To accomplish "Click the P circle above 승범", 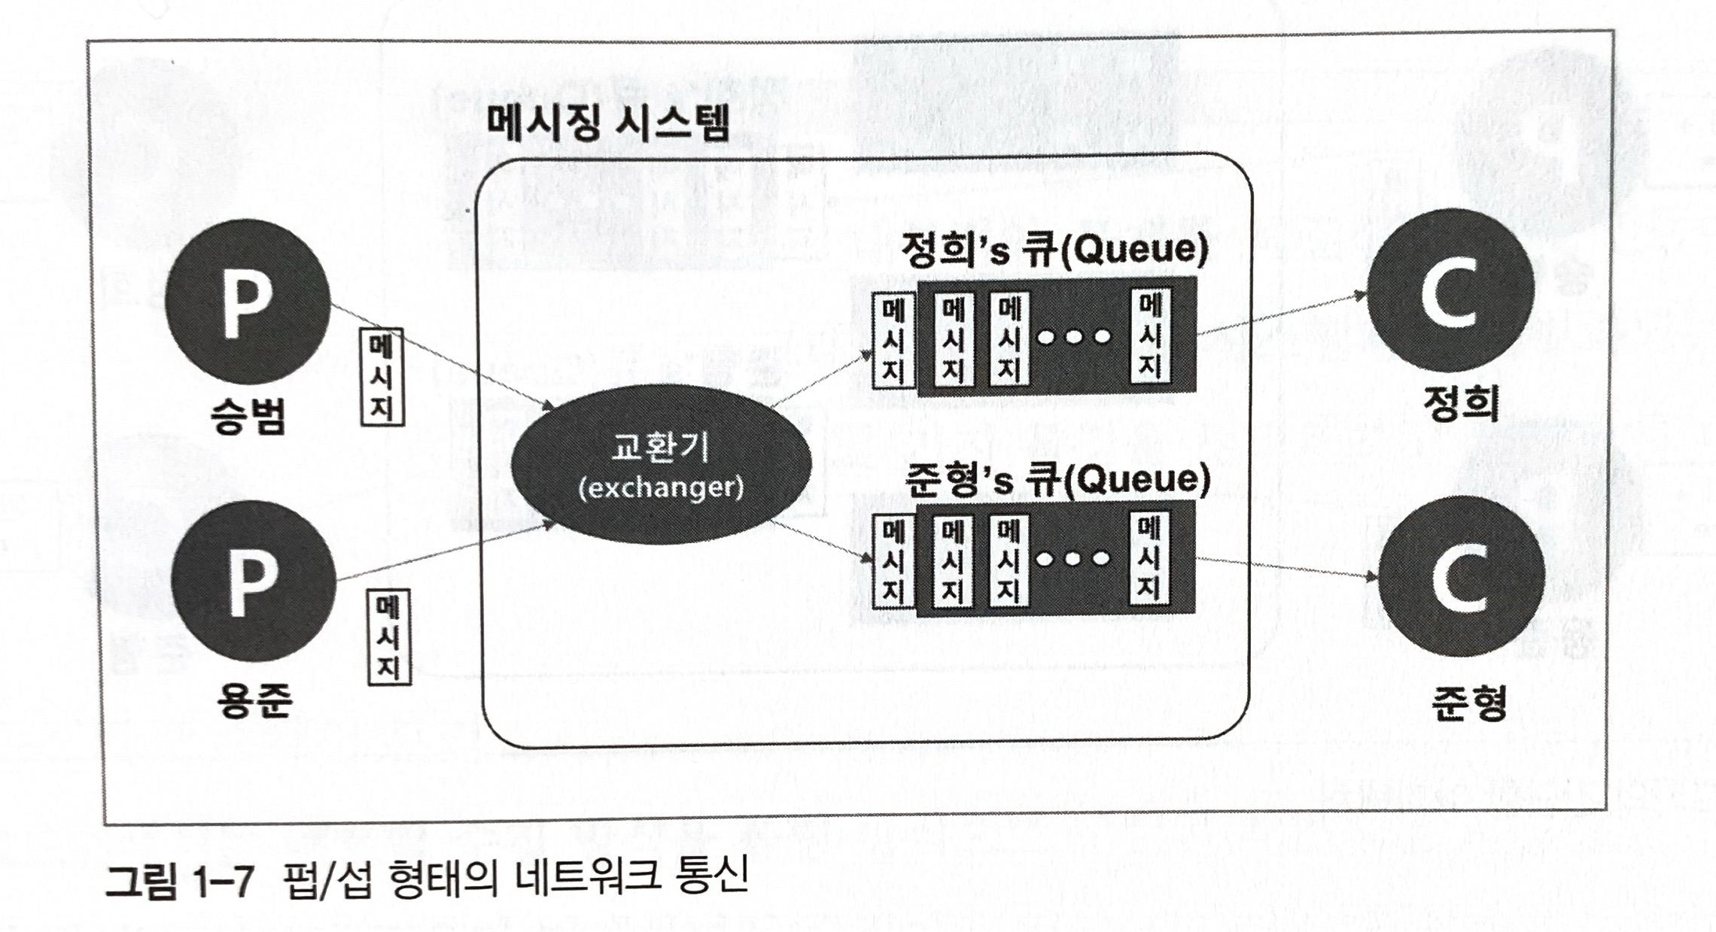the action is (248, 303).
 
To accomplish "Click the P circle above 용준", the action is (253, 581).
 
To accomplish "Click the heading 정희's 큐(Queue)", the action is (1053, 250).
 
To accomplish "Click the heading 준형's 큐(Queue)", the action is (1056, 480).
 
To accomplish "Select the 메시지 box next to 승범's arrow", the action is (382, 376).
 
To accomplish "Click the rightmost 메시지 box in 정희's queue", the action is (1149, 336).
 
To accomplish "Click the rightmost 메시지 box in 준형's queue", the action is (1149, 557).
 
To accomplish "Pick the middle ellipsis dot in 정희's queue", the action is (1074, 336).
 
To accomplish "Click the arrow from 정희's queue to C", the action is (1279, 314).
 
